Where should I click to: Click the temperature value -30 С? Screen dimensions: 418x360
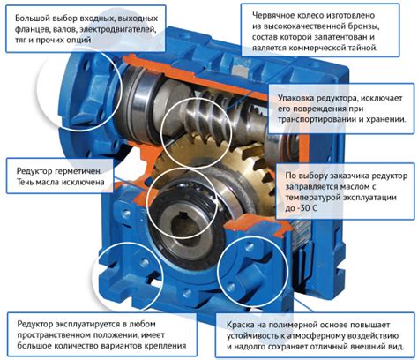coord(301,208)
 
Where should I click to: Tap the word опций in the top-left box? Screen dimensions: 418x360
coord(78,40)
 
